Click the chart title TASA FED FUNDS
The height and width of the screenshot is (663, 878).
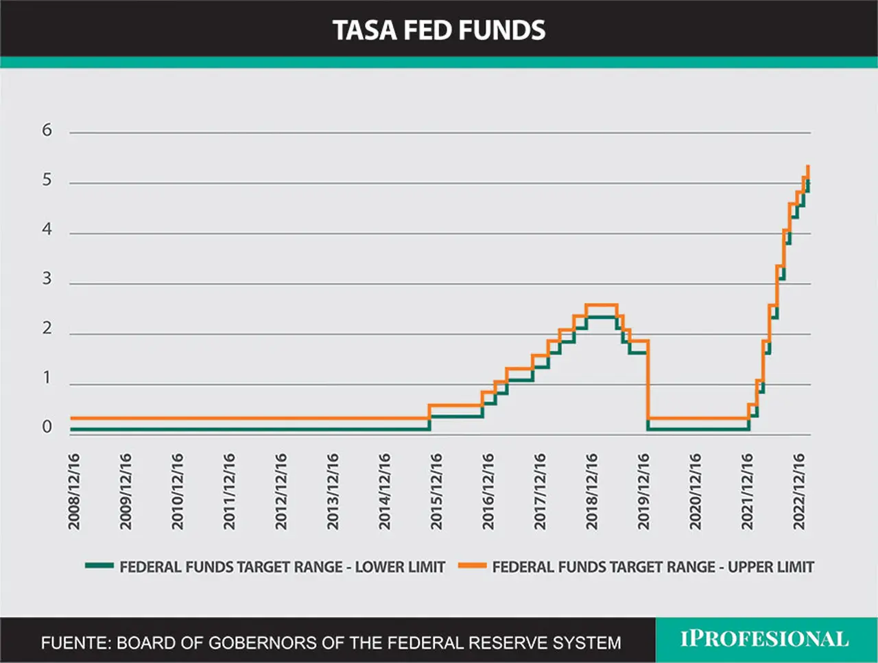point(439,30)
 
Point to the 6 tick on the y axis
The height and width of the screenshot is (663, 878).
point(47,130)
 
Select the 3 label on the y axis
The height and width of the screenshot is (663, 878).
point(47,278)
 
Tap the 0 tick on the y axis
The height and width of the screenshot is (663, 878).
point(47,427)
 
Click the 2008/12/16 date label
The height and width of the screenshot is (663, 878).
point(74,492)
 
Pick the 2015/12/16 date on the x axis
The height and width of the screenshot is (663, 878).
point(436,492)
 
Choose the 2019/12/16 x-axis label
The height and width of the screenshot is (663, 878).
point(643,492)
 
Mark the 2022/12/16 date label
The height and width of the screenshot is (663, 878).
point(799,492)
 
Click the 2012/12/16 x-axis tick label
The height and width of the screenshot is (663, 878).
point(281,492)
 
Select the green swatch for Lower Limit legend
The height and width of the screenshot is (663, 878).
point(99,566)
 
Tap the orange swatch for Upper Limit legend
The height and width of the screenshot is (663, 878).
point(473,566)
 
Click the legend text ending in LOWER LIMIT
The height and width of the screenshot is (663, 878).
point(283,567)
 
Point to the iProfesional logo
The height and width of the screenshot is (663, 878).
point(764,638)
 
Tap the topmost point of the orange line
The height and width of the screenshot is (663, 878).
point(808,166)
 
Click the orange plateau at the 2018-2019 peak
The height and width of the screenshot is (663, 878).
point(602,305)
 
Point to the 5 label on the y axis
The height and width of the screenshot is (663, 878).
point(47,180)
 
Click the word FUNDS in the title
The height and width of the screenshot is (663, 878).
point(502,30)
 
